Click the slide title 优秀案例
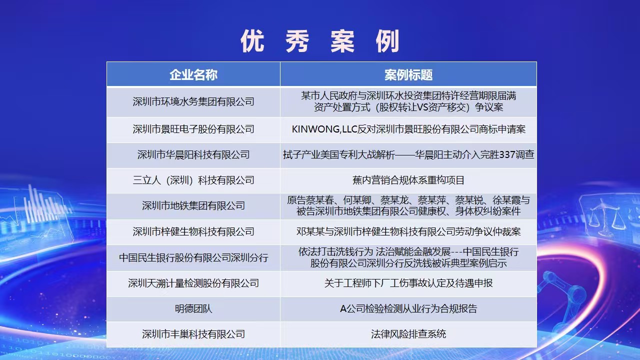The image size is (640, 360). click(320, 41)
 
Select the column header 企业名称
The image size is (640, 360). click(193, 75)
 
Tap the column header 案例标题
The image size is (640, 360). click(408, 75)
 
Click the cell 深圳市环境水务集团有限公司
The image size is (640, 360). click(193, 101)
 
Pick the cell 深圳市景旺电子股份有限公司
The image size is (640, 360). click(193, 129)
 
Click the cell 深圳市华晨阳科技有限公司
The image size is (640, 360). click(193, 155)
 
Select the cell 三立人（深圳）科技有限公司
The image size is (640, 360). click(193, 180)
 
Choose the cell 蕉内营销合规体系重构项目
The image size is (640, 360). click(408, 180)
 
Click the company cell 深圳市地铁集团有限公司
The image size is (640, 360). click(193, 205)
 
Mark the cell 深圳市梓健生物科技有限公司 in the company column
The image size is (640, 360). click(193, 231)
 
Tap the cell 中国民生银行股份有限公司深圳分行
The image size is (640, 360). click(193, 257)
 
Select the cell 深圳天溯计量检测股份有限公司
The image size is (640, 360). click(193, 283)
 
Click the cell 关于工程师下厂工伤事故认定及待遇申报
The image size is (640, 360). click(408, 283)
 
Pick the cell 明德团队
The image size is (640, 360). click(193, 309)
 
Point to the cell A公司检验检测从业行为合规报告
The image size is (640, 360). click(408, 309)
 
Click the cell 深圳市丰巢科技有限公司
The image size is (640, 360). click(193, 334)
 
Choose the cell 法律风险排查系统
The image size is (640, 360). click(408, 334)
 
